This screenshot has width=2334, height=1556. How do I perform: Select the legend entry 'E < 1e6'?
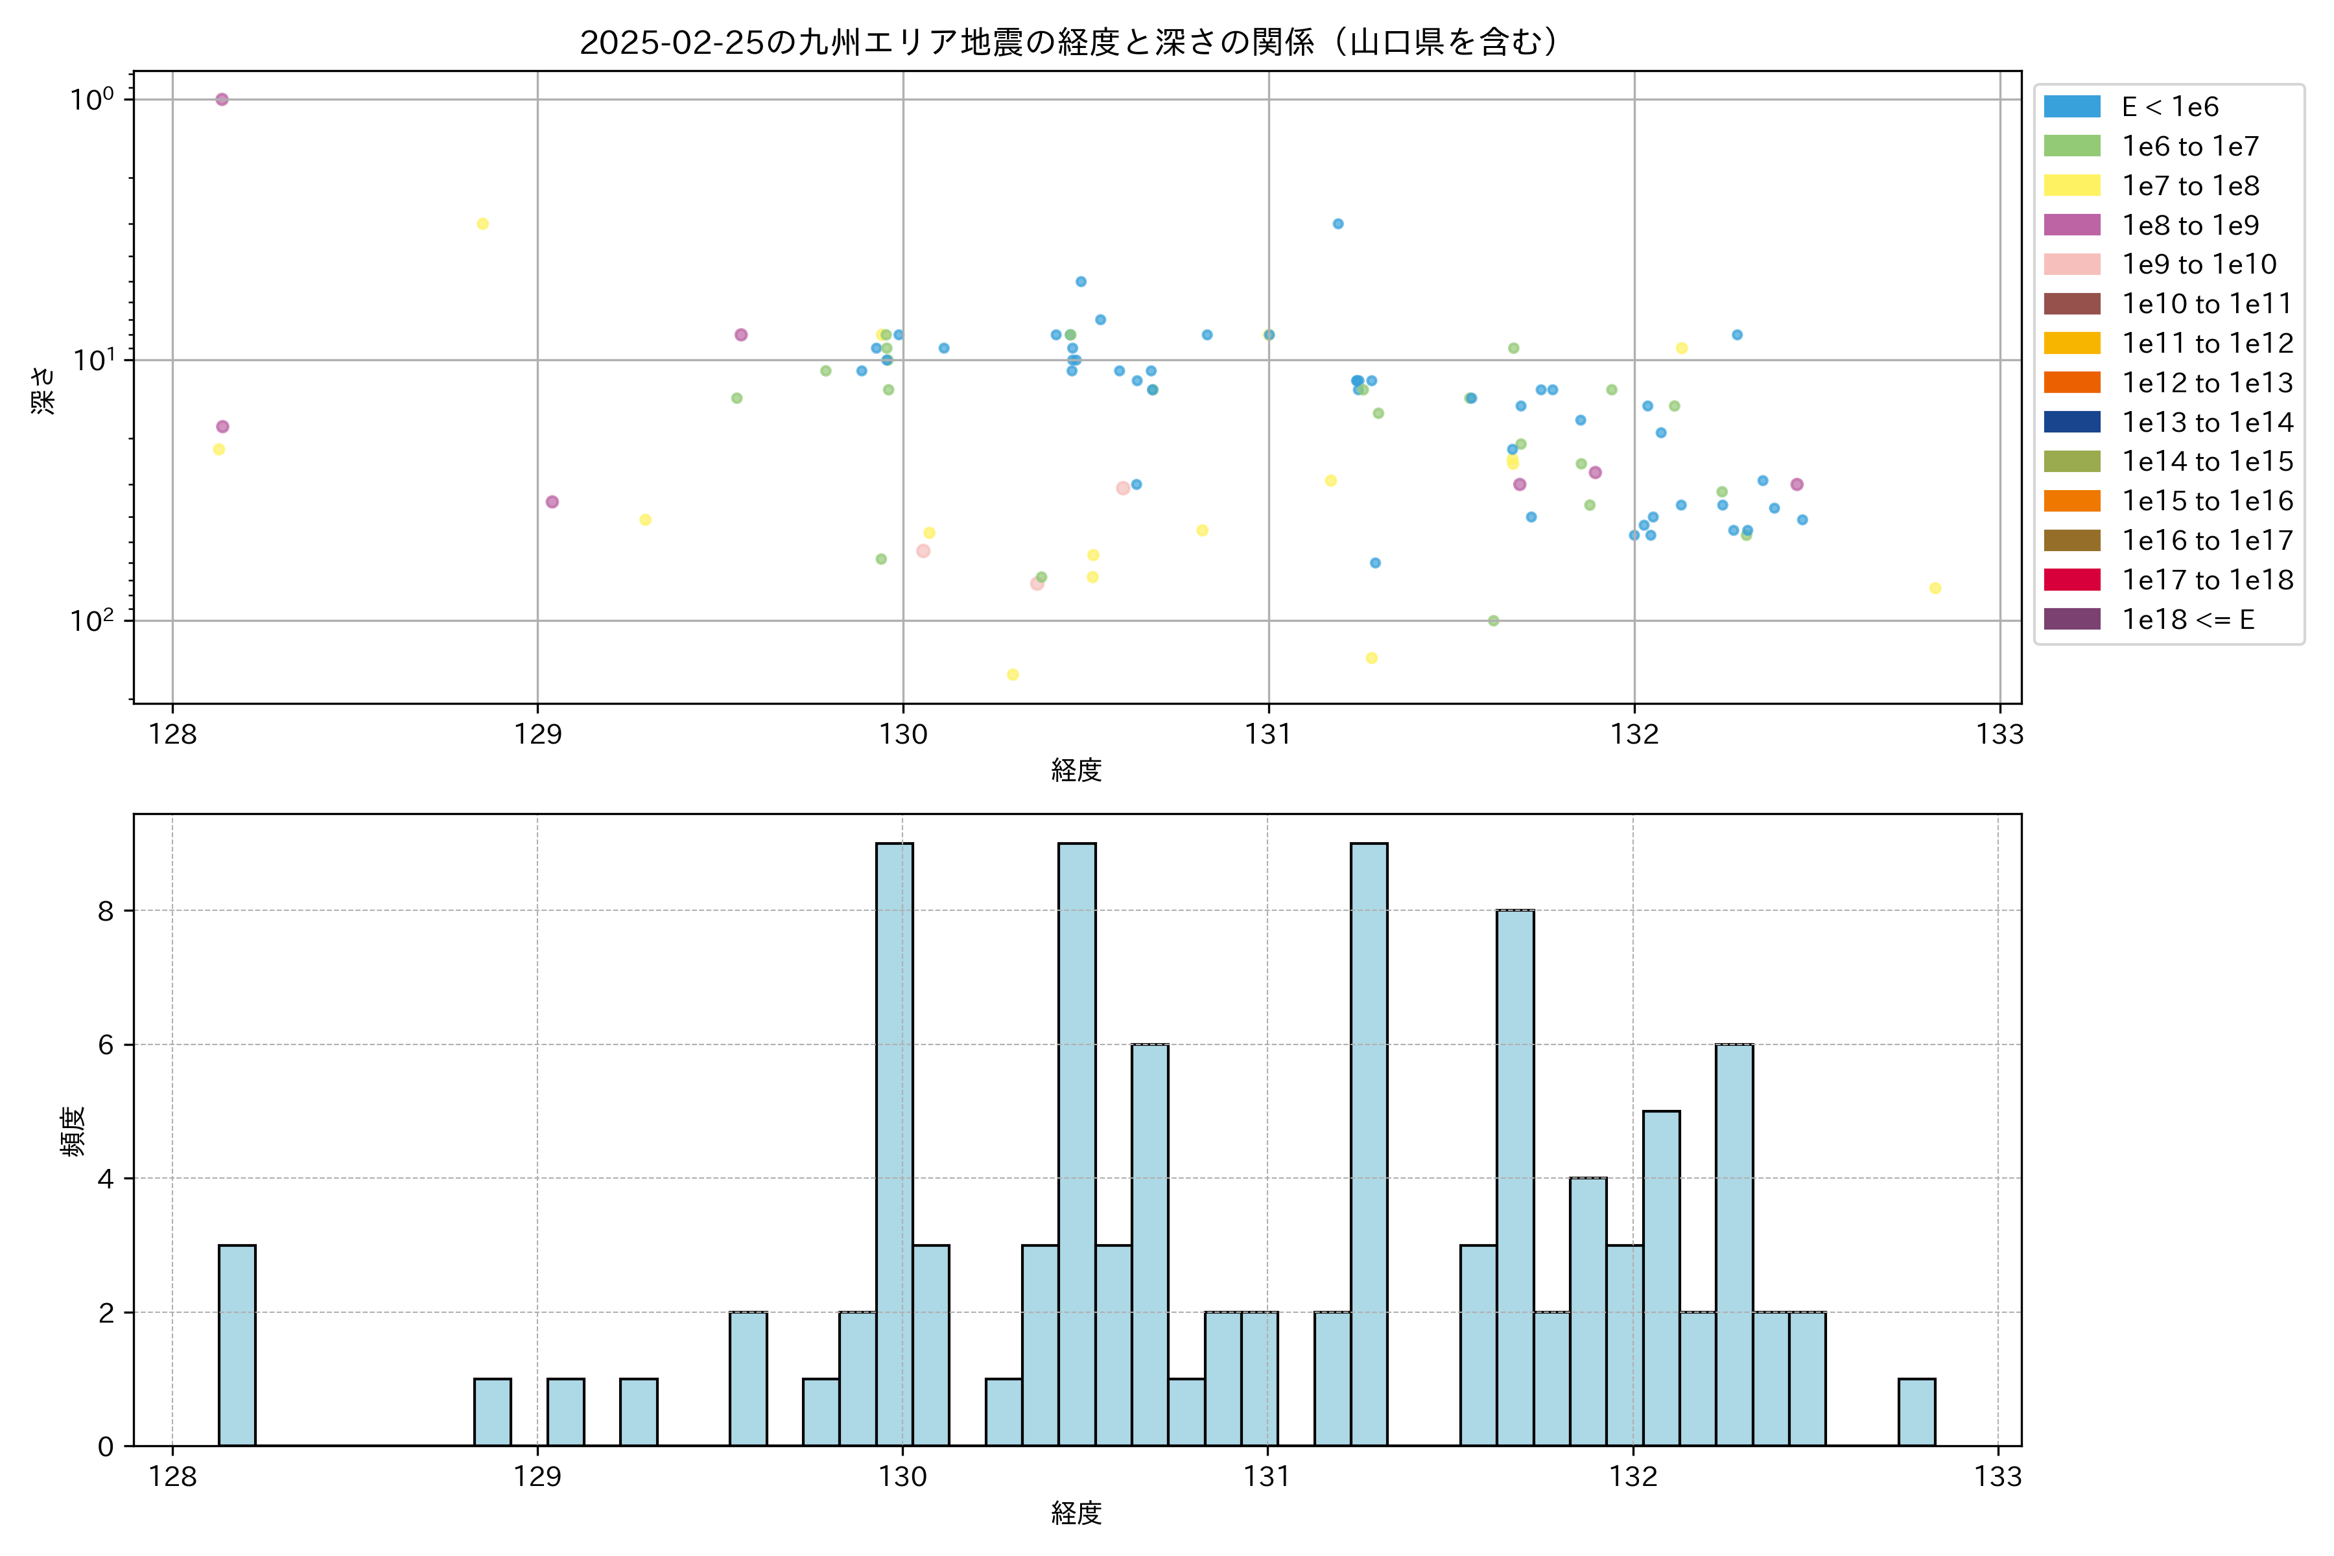click(x=2169, y=107)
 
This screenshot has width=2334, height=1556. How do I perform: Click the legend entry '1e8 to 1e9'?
click(x=2189, y=225)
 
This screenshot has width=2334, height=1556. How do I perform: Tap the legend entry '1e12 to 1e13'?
click(x=2207, y=383)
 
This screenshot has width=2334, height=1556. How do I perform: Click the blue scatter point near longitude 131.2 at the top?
click(x=1338, y=224)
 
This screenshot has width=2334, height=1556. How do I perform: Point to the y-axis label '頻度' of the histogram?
click(x=73, y=1131)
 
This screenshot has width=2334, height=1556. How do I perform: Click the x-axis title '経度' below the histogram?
click(x=1077, y=1513)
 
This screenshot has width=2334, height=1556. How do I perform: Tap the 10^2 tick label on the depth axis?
click(x=91, y=621)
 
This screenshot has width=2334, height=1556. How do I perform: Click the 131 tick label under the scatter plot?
click(x=1268, y=735)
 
